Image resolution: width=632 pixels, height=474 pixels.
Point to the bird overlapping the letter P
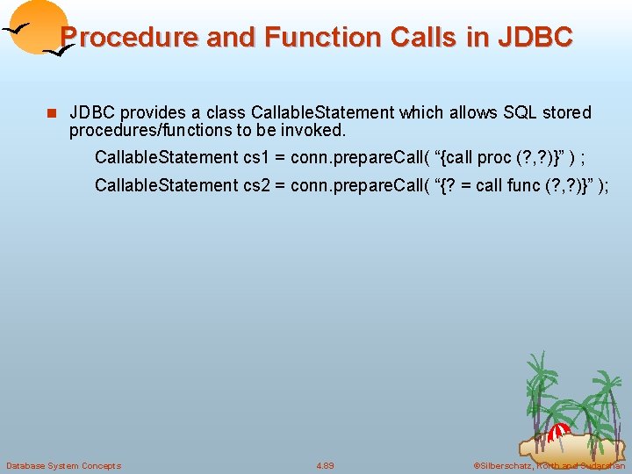tap(58, 51)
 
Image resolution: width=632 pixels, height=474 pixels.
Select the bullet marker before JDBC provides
tap(52, 113)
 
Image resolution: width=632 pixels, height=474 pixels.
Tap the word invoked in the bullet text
tap(315, 131)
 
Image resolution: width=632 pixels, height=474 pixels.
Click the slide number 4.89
tap(325, 465)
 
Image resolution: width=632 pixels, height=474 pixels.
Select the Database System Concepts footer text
tap(63, 465)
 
